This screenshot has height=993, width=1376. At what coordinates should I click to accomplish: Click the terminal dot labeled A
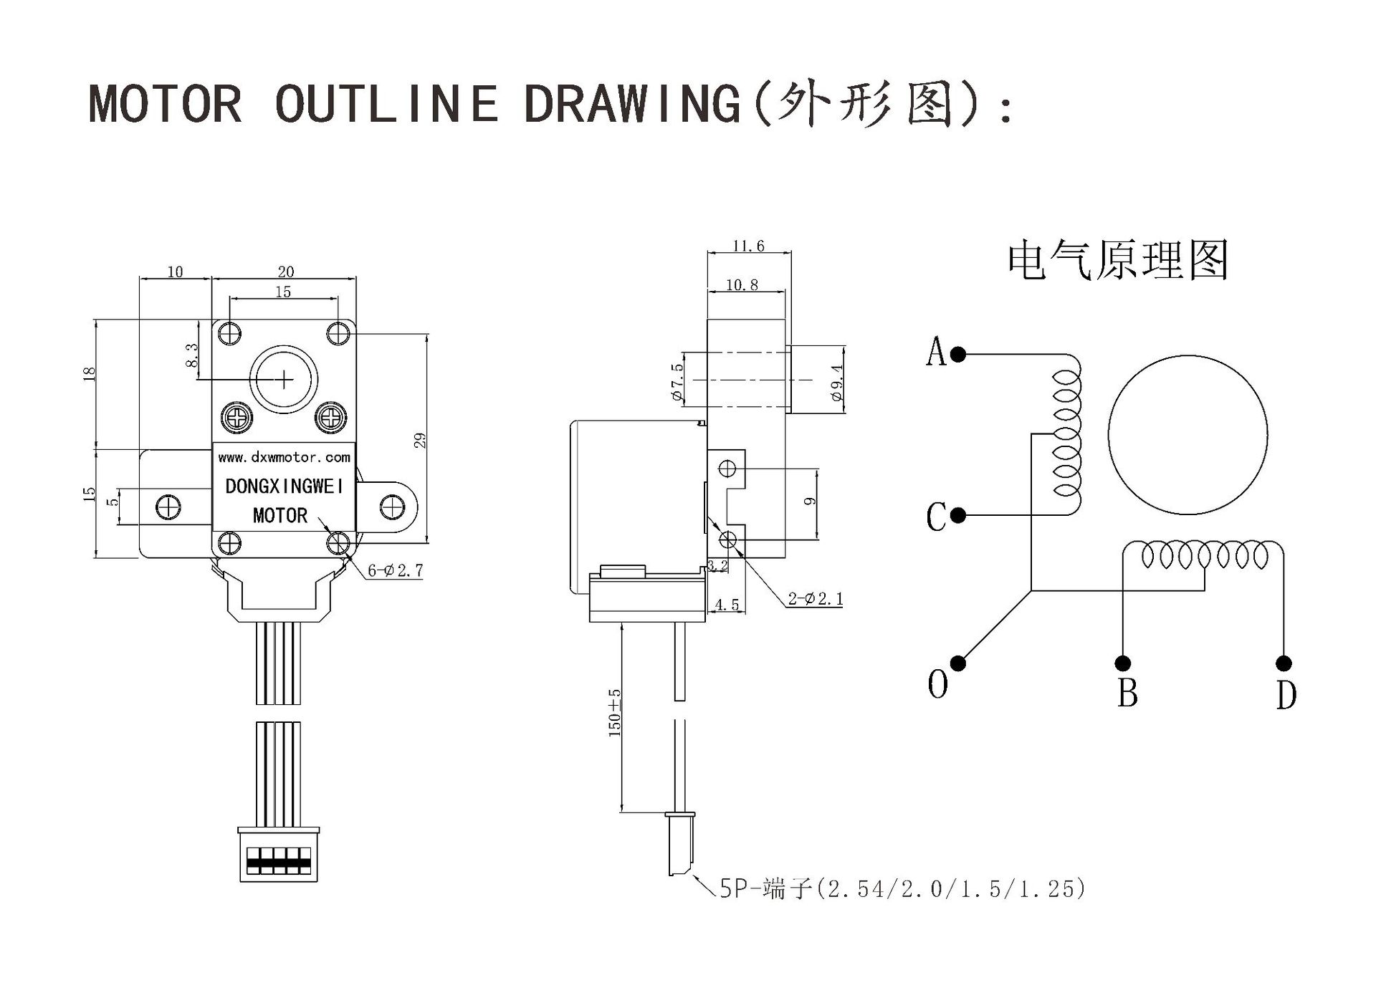click(x=959, y=354)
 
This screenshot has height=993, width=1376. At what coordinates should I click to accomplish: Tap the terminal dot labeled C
click(x=959, y=515)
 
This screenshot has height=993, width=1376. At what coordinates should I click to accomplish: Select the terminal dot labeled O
click(x=958, y=663)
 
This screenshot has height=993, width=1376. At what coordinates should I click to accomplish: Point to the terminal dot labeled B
click(x=1123, y=663)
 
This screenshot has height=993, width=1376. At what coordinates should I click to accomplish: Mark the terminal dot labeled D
click(x=1284, y=663)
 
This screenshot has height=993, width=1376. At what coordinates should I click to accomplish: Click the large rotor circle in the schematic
click(x=1188, y=435)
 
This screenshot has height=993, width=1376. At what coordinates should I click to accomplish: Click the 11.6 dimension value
click(x=748, y=246)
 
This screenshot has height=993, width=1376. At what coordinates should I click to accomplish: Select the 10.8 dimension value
click(x=742, y=285)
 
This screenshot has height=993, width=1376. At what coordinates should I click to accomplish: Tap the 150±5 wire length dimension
click(x=615, y=714)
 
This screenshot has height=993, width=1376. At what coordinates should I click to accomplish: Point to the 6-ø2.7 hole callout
click(x=396, y=570)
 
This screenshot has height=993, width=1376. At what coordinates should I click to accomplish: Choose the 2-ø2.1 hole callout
click(x=816, y=599)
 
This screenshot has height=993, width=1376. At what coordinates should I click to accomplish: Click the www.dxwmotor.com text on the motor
click(x=284, y=457)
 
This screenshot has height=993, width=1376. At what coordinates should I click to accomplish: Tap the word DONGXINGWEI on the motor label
click(x=285, y=486)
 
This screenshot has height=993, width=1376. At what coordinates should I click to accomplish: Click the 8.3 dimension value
click(x=191, y=355)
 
